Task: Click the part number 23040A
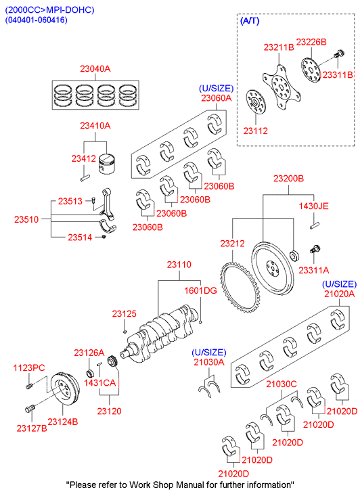point(95,68)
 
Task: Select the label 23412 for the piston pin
point(83,158)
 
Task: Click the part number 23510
point(26,219)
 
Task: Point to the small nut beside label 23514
point(104,237)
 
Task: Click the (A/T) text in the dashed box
point(250,21)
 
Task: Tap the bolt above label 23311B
point(339,54)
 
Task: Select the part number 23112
point(256,131)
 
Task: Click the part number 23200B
point(288,179)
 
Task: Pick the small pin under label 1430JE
point(315,225)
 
